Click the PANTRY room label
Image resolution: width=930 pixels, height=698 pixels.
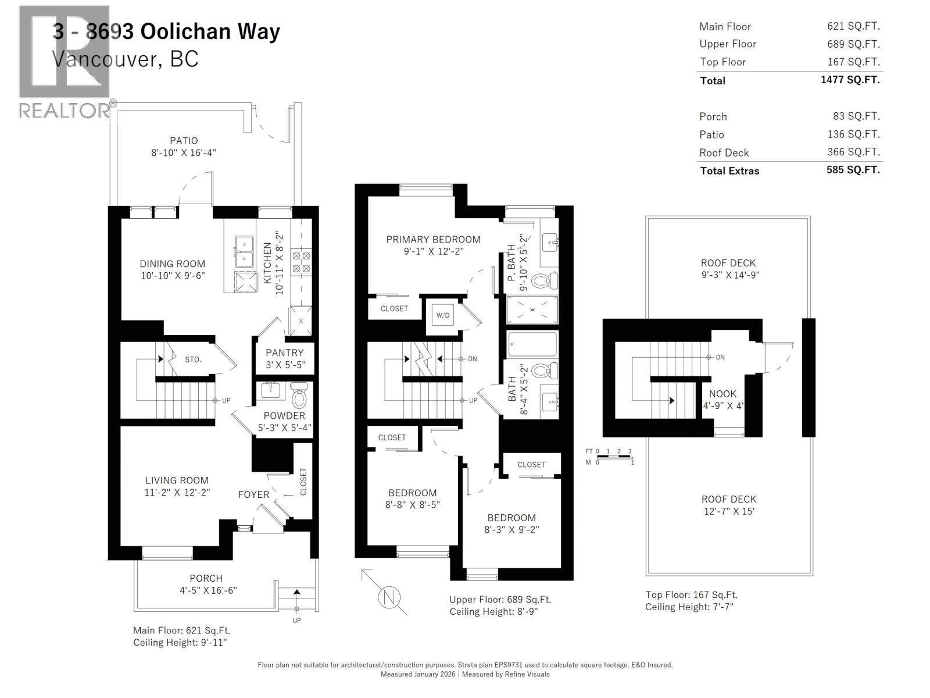(284, 352)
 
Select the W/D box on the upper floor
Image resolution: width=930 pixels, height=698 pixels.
(443, 315)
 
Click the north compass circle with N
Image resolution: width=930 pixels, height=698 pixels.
(389, 597)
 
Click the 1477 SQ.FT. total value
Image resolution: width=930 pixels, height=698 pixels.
(850, 80)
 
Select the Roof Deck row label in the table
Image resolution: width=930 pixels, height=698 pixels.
(724, 152)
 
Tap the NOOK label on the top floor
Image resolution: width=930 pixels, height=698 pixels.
(722, 394)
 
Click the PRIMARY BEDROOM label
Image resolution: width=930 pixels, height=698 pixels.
(433, 239)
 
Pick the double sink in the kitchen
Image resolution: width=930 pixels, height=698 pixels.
(244, 251)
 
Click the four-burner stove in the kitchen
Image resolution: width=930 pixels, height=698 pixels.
(301, 262)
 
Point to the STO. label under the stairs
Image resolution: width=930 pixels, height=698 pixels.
(193, 359)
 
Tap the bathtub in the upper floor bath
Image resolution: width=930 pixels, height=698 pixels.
(532, 344)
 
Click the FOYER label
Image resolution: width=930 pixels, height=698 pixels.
(253, 494)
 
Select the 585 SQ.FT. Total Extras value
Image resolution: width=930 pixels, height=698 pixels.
(853, 170)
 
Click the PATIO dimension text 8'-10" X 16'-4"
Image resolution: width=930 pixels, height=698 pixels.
(184, 153)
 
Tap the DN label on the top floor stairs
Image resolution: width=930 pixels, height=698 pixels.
(720, 357)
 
